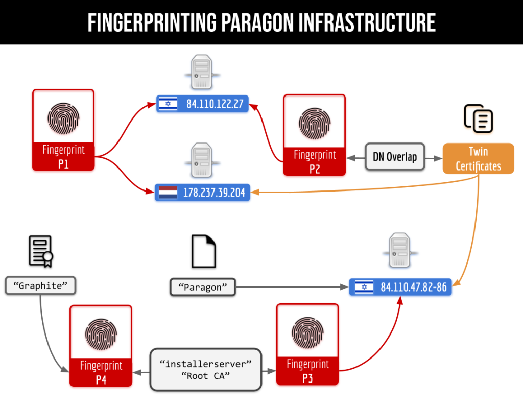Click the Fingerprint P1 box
pyautogui.click(x=63, y=130)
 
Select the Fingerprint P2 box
pyautogui.click(x=315, y=135)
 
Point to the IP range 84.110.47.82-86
pyautogui.click(x=413, y=287)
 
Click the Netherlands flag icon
pyautogui.click(x=168, y=193)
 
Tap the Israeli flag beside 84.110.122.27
pyautogui.click(x=166, y=105)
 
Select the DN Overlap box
pyautogui.click(x=395, y=157)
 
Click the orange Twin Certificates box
pyautogui.click(x=478, y=158)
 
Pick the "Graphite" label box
pyautogui.click(x=40, y=285)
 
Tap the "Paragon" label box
pyautogui.click(x=202, y=287)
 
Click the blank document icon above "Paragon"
pyautogui.click(x=203, y=252)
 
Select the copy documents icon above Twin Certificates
pyautogui.click(x=479, y=118)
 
